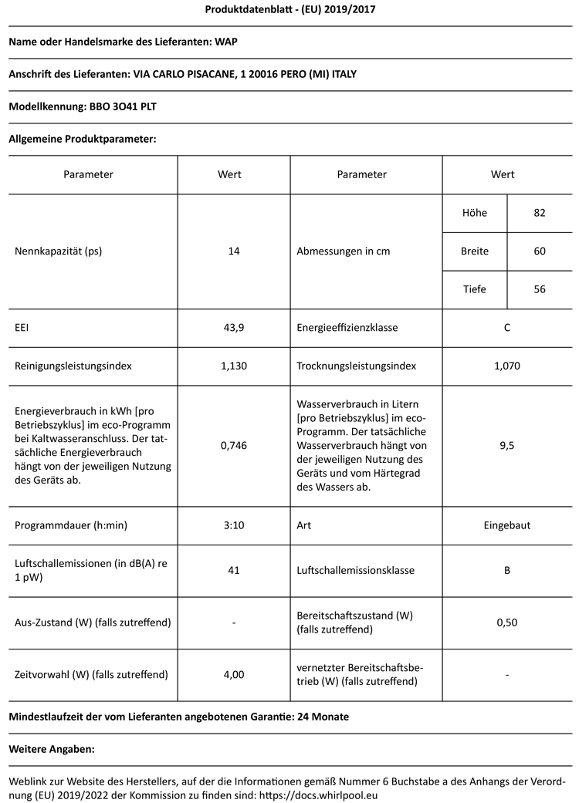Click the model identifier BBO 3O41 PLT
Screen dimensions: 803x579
124,106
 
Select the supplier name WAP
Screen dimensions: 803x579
226,42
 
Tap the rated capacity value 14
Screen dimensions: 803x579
233,251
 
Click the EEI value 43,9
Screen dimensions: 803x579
233,328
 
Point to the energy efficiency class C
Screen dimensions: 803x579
506,328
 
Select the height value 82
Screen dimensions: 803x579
540,213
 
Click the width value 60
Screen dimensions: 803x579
540,251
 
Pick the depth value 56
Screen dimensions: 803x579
540,289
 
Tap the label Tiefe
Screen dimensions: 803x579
474,289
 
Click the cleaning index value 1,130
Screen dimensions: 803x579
233,366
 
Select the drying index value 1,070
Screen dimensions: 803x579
506,366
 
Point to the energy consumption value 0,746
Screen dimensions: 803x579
233,445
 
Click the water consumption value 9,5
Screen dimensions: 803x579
506,445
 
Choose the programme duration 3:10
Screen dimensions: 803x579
233,525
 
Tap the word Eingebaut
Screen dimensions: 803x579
506,525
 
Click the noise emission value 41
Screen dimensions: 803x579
233,570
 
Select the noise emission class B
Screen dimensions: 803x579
506,570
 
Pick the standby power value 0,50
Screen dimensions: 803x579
506,622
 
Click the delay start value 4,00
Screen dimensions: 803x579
233,674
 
